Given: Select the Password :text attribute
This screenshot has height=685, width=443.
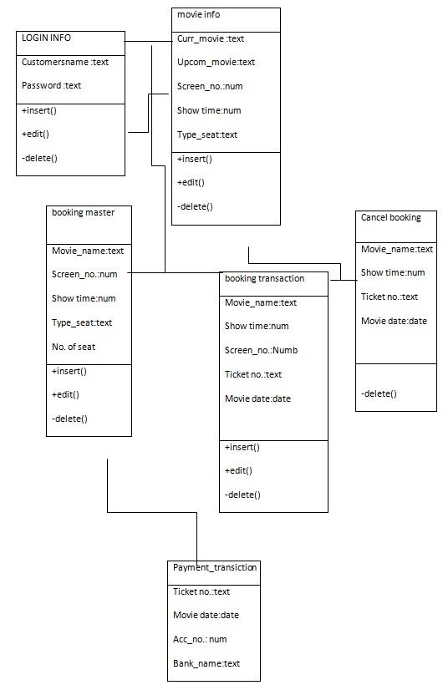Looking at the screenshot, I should (51, 85).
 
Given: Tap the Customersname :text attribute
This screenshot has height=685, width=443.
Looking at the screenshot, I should (64, 62).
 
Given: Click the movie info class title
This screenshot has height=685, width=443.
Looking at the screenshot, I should (199, 14).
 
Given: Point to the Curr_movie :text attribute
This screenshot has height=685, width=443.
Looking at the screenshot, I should (211, 38).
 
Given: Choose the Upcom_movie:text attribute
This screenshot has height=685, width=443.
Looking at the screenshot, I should (216, 62).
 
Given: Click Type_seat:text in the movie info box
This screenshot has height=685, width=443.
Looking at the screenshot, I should (207, 134).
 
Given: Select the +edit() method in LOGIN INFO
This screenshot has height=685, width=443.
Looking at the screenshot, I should (36, 134).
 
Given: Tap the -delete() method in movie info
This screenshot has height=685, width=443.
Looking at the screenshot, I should (195, 205).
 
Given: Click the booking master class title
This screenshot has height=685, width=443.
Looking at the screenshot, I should (83, 213).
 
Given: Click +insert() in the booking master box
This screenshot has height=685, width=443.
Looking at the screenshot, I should (69, 371).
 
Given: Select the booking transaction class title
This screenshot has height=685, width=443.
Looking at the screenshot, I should (264, 279).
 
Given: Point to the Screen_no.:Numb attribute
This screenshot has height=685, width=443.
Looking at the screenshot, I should (261, 350).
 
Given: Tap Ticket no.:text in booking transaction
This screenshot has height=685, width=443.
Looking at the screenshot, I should (253, 374).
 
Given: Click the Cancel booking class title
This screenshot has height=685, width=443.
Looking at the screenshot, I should (390, 218).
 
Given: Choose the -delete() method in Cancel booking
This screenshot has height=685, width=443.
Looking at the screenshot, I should (379, 393).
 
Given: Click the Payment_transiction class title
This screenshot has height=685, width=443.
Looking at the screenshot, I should (215, 568).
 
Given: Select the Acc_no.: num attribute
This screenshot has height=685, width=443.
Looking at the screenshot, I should (200, 639).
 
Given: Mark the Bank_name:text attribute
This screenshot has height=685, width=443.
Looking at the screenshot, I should (206, 663).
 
